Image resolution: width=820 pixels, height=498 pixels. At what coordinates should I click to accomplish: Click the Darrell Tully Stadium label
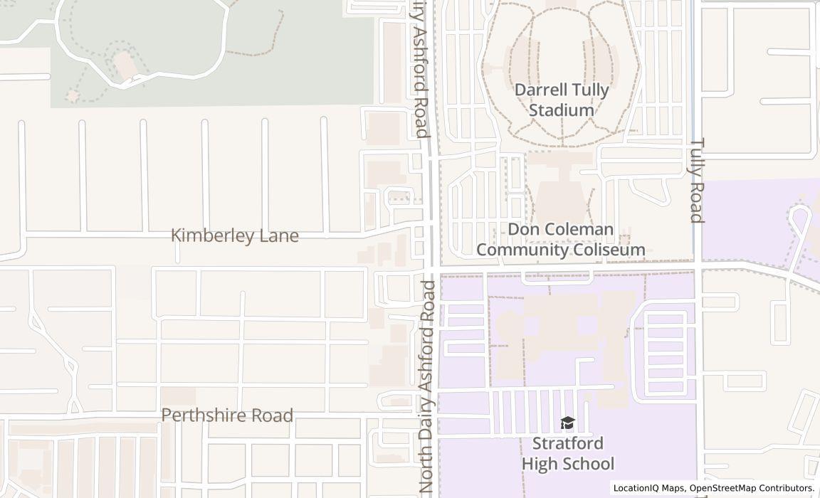tap(562, 100)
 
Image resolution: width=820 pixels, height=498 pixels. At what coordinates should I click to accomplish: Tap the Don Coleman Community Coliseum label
tap(561, 240)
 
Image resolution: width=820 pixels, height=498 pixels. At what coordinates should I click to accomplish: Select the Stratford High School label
tap(568, 453)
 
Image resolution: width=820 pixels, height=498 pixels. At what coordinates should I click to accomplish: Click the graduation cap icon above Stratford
tap(567, 423)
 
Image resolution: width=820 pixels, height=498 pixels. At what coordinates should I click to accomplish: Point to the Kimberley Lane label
tap(235, 235)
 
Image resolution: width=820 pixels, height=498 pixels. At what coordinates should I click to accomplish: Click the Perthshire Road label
tap(227, 415)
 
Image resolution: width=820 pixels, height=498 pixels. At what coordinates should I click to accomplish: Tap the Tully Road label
tap(698, 180)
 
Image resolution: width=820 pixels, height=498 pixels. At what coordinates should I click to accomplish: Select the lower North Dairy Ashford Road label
tap(427, 387)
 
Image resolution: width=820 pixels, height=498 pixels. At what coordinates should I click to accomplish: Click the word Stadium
tap(562, 111)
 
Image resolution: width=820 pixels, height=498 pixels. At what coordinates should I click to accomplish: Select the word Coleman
tap(580, 230)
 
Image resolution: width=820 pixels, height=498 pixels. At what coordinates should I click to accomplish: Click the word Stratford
tap(568, 443)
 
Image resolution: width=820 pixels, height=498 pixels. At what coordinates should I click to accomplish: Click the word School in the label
tap(588, 464)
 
